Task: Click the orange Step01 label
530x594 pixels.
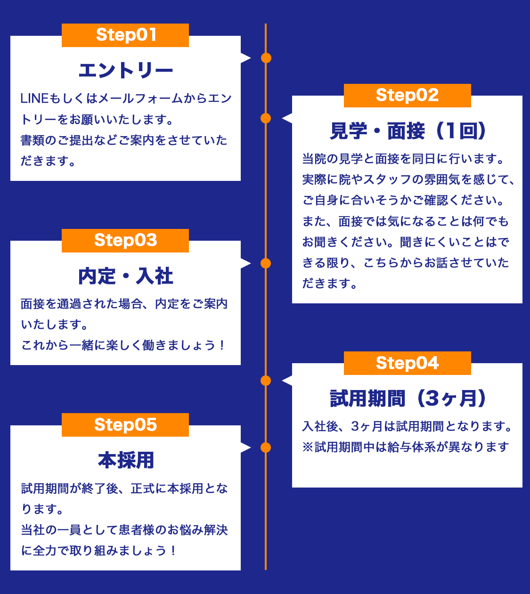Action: click(125, 35)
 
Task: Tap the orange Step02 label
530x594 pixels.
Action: click(407, 96)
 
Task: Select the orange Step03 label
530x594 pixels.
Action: click(125, 241)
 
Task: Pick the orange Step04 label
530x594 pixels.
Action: click(407, 363)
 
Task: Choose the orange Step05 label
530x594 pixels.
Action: click(125, 425)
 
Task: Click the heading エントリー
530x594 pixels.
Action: click(125, 71)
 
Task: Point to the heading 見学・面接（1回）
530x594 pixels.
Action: click(407, 131)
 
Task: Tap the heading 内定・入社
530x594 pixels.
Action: click(125, 276)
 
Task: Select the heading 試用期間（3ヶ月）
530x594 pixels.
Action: click(407, 399)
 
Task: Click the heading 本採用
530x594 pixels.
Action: click(125, 460)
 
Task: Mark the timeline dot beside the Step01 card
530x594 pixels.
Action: click(266, 58)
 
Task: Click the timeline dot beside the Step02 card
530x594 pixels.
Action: click(266, 118)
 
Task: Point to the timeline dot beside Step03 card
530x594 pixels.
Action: click(266, 263)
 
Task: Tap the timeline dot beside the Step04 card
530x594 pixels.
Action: click(266, 381)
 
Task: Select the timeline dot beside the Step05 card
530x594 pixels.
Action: click(266, 448)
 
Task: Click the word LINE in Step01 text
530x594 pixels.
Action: click(34, 99)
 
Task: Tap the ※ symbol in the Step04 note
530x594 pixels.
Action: click(308, 447)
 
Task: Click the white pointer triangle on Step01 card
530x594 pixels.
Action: click(245, 58)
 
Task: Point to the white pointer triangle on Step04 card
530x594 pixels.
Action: click(287, 381)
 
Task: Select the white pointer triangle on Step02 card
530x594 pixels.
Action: click(287, 118)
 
